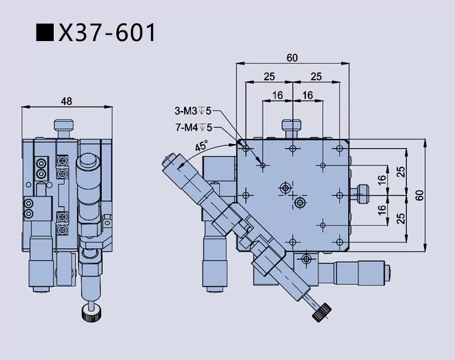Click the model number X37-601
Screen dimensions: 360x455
click(x=107, y=32)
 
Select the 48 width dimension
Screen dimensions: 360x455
click(x=66, y=100)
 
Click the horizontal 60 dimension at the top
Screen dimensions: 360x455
click(x=292, y=57)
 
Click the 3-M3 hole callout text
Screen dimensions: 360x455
click(x=193, y=112)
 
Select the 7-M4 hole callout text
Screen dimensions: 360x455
click(x=193, y=127)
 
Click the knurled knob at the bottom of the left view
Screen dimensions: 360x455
click(x=88, y=311)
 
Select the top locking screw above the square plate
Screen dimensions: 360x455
click(x=291, y=129)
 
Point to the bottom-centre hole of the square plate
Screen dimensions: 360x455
click(x=293, y=241)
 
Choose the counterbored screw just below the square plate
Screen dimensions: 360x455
click(x=306, y=259)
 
